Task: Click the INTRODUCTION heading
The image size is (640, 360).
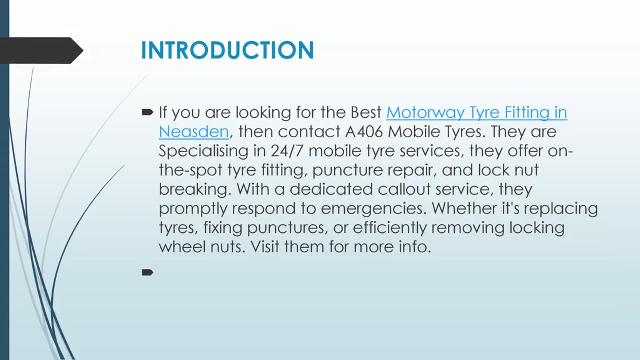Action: [227, 51]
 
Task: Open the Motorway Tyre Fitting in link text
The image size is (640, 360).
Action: [476, 113]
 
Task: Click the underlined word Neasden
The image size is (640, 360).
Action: [194, 132]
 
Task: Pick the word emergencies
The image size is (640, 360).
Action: [370, 208]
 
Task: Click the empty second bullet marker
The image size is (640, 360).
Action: [147, 272]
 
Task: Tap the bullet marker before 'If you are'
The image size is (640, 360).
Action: [147, 113]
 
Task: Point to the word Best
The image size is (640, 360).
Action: [366, 113]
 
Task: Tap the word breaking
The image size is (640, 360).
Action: [195, 189]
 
